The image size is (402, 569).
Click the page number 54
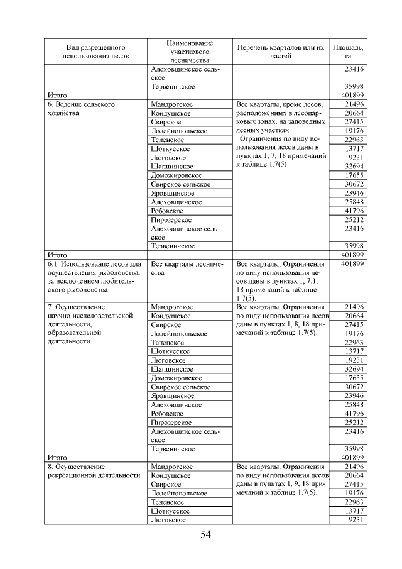pyautogui.click(x=205, y=534)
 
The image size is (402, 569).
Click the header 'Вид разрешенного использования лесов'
pyautogui.click(x=96, y=52)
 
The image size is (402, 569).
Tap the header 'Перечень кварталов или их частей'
pyautogui.click(x=281, y=52)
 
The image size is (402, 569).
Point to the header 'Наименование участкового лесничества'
pyautogui.click(x=190, y=52)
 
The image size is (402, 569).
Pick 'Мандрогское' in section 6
pyautogui.click(x=171, y=104)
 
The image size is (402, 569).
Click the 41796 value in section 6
pyautogui.click(x=354, y=211)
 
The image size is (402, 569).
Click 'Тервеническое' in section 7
pyautogui.click(x=173, y=449)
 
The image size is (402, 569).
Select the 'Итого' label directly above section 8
pyautogui.click(x=57, y=458)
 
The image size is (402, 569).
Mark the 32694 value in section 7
pyautogui.click(x=354, y=369)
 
